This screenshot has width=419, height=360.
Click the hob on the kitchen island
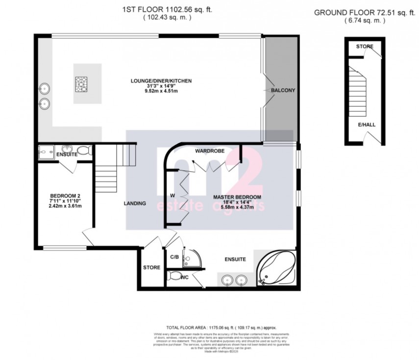[x=81, y=84]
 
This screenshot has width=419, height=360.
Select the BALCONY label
[x=283, y=90]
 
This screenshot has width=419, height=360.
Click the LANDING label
[x=135, y=204]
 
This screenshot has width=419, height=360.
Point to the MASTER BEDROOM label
[x=237, y=197]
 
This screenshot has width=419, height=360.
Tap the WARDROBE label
[x=209, y=151]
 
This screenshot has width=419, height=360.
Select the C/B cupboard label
[x=174, y=257]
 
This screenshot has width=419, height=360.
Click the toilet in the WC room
[x=174, y=277]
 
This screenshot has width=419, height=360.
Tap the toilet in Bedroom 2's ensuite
[x=84, y=151]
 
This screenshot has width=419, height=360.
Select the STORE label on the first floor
[x=151, y=268]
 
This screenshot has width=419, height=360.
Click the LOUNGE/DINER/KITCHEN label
[x=161, y=81]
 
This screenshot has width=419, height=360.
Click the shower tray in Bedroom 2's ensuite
[x=48, y=152]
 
